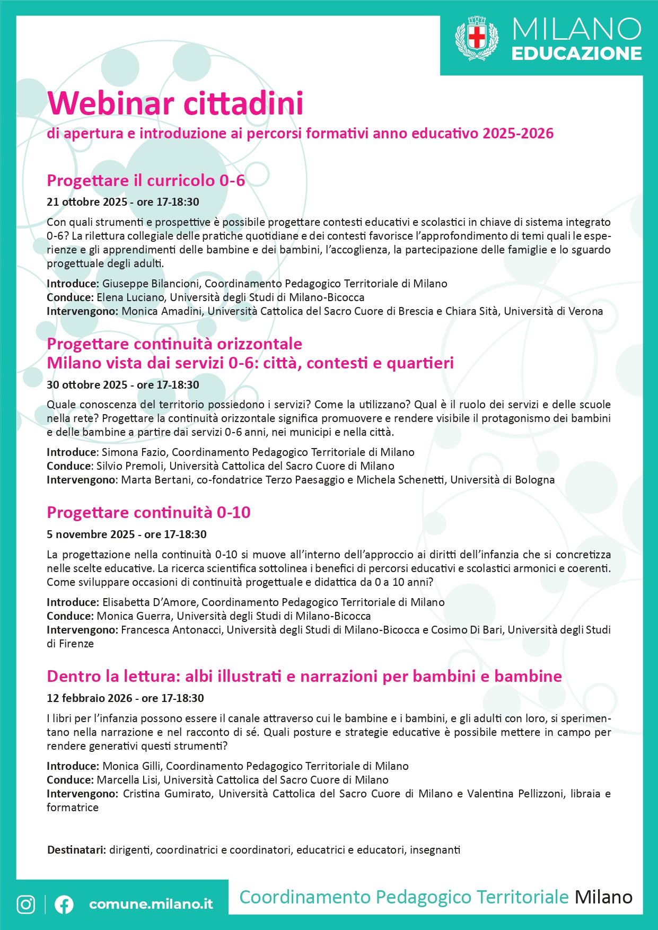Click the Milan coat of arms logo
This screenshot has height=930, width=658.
tap(477, 38)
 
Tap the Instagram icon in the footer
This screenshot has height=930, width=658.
tap(26, 904)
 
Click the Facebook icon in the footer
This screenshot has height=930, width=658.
tap(64, 904)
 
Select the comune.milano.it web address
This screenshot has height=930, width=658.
tap(151, 904)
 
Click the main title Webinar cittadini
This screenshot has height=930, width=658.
tap(176, 103)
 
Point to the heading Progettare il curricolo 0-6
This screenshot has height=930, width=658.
tap(146, 181)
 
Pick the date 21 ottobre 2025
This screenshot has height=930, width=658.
tap(87, 202)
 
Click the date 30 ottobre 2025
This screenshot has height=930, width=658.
tap(87, 385)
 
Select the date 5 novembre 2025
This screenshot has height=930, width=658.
tap(91, 534)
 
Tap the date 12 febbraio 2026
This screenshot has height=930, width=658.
tap(89, 698)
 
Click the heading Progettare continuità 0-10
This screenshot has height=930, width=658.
tap(148, 513)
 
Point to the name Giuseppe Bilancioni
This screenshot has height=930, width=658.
tap(151, 284)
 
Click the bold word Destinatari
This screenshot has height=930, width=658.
tap(76, 850)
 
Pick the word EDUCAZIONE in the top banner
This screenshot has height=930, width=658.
tap(576, 54)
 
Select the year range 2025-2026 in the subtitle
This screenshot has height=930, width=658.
tap(518, 134)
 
